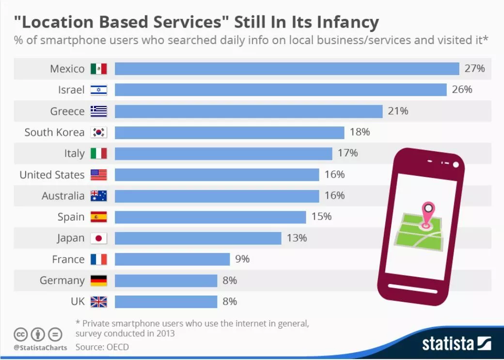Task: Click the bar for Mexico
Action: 286,69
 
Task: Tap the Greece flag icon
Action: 99,111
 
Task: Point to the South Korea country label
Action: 54,132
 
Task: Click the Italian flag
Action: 99,154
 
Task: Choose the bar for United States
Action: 217,175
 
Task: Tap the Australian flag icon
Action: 99,196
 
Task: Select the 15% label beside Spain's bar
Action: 321,217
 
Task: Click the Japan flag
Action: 99,238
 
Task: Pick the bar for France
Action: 172,259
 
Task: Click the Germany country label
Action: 62,281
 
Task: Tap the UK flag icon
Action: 99,302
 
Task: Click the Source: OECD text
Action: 102,347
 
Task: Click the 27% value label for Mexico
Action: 474,68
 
